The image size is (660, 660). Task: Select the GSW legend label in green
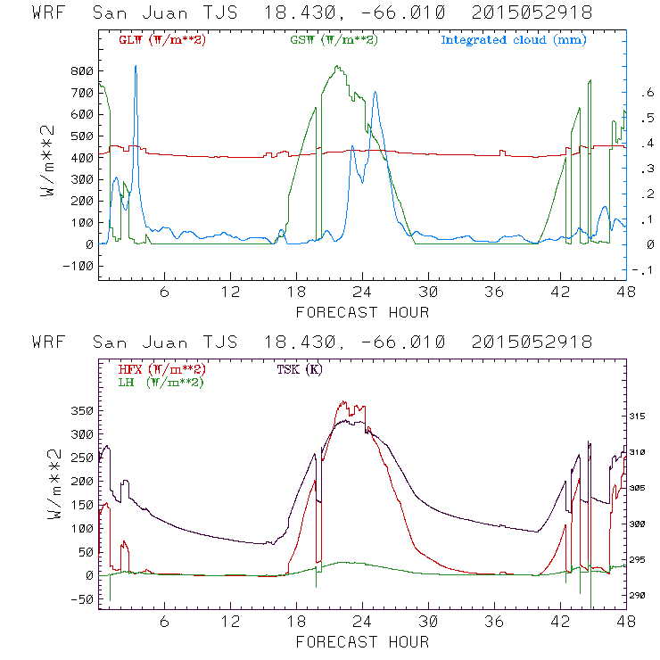[x=333, y=39]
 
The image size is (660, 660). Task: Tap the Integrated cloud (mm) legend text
[x=514, y=39]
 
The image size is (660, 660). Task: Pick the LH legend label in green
[x=160, y=382]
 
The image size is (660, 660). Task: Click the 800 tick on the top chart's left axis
[x=80, y=70]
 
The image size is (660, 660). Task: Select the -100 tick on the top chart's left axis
[x=77, y=266]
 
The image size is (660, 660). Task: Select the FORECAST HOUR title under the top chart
[x=362, y=312]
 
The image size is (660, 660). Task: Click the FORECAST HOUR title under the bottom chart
[x=362, y=642]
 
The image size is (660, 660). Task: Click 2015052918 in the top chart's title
[x=532, y=13]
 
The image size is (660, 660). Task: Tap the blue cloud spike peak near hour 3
[x=136, y=66]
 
